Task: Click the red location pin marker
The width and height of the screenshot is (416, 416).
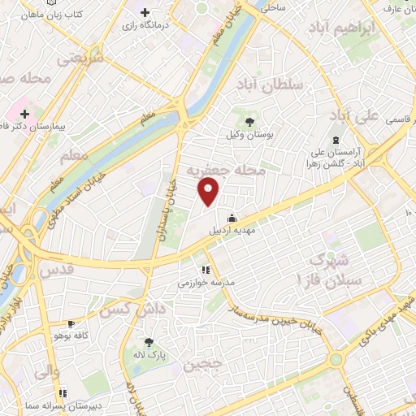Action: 209,192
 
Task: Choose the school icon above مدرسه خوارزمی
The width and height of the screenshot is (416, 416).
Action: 206,269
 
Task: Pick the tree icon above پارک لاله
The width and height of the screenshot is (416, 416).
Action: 149,342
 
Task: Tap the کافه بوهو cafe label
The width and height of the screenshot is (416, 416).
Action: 71,336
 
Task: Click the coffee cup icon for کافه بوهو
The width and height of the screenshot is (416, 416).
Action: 71,322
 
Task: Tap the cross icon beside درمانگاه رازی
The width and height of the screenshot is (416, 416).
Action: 145,12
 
